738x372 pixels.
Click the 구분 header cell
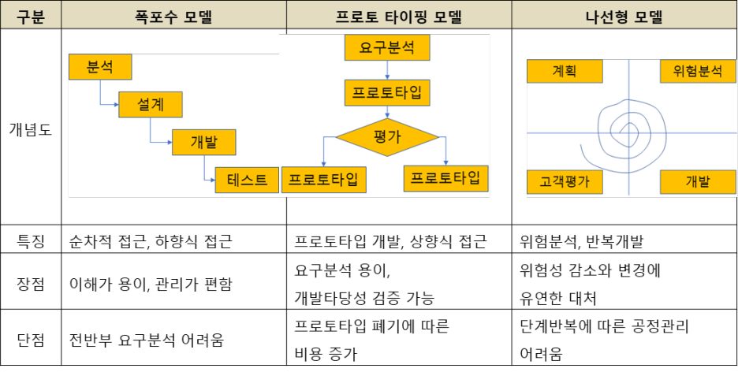[31, 15]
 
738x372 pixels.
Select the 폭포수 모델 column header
[173, 15]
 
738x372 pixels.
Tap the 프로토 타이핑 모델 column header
[398, 15]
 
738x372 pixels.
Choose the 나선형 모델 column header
[624, 15]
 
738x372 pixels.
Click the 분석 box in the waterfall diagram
[99, 67]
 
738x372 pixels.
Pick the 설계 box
[150, 105]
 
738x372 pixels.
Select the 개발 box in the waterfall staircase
[203, 142]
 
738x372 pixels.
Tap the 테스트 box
[247, 180]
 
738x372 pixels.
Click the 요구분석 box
[386, 48]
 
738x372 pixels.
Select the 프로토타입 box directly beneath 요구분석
[386, 93]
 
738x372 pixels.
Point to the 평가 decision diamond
[386, 137]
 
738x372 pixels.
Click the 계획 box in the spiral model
[564, 71]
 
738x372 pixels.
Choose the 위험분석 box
[697, 71]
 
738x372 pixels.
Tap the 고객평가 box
[564, 183]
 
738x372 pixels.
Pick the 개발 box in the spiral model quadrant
[697, 183]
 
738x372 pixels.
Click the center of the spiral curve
[628, 132]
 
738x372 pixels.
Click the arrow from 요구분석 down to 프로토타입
[386, 71]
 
